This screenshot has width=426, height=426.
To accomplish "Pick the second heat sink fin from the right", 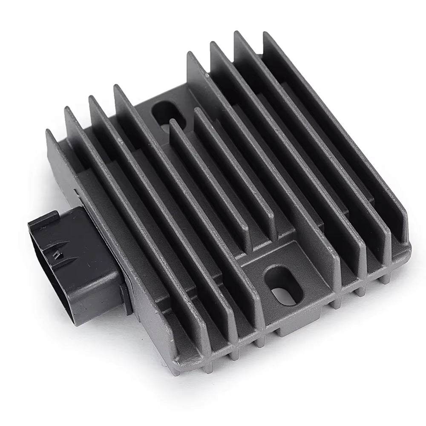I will (311, 141).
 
